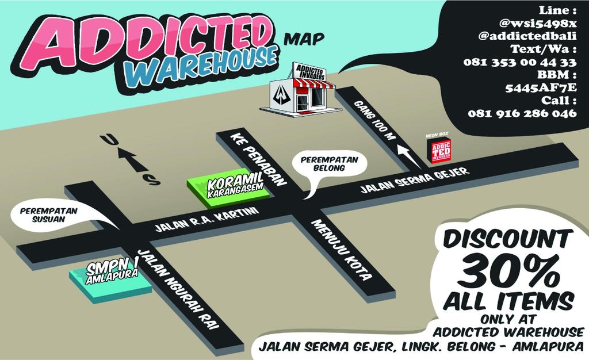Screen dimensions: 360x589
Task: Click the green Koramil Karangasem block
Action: point(229,187)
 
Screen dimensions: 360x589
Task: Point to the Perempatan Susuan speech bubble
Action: point(48,216)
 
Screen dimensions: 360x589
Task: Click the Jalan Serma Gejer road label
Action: point(415,179)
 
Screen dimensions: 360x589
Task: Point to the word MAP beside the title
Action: point(304,40)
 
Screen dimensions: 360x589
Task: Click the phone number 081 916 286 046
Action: point(522,113)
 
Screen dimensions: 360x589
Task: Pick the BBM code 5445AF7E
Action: point(540,88)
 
